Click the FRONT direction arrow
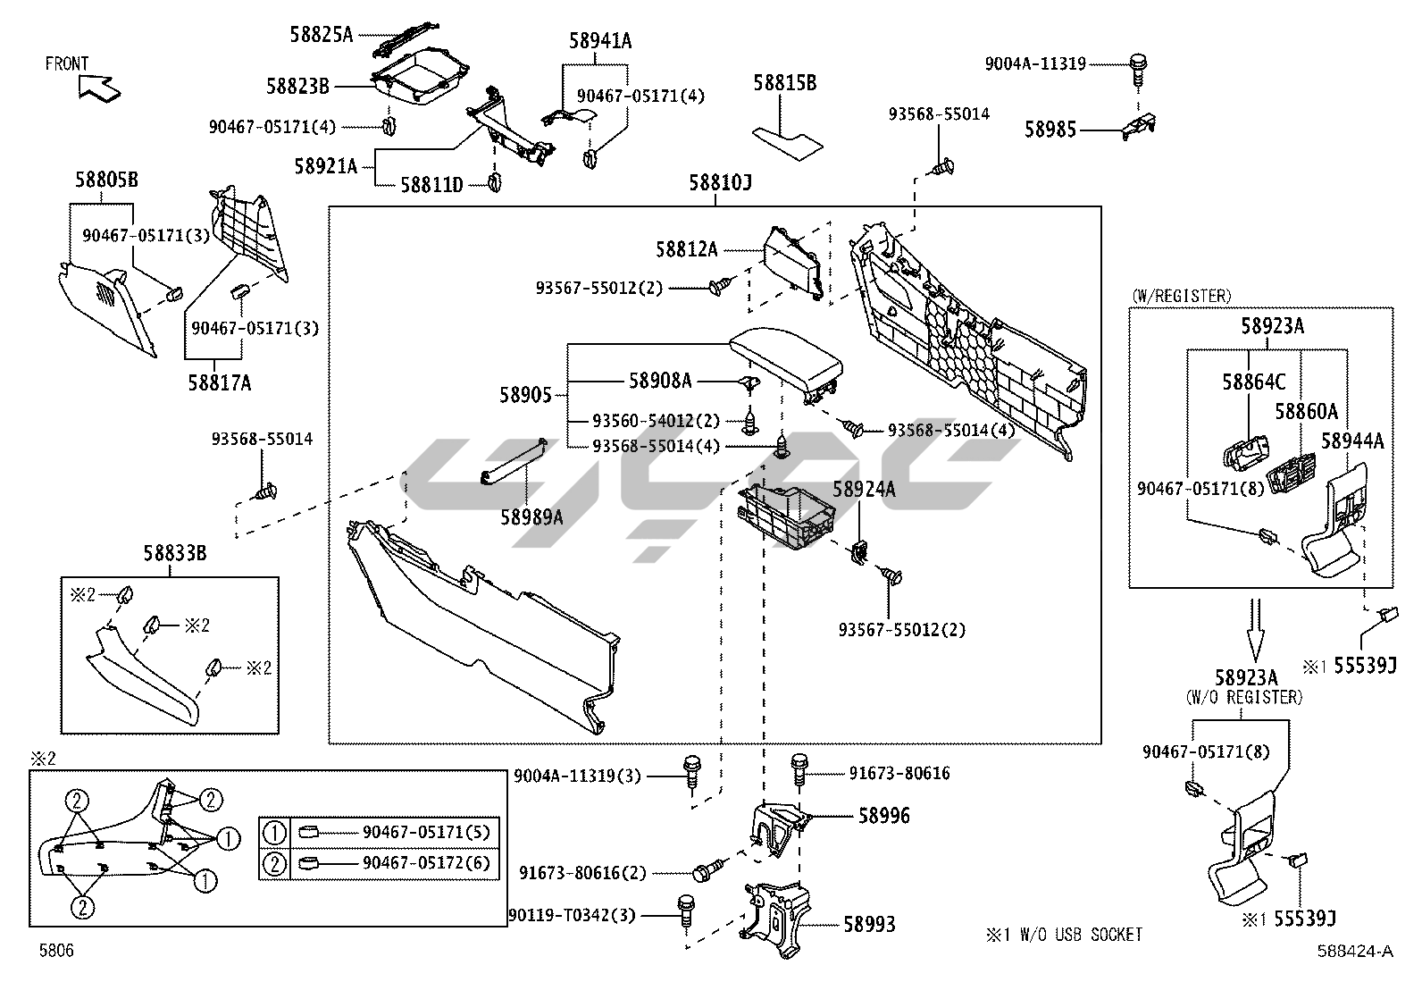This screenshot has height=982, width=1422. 99,88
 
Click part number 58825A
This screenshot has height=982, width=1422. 322,35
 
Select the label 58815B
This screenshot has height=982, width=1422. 784,83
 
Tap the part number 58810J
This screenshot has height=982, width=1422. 720,183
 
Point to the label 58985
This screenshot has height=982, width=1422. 1050,130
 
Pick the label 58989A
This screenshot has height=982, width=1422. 531,516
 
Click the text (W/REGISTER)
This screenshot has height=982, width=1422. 1181,296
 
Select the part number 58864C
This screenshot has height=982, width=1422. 1254,382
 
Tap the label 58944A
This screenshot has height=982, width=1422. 1352,441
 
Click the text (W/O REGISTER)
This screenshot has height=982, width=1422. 1243,697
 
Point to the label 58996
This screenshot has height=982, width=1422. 884,815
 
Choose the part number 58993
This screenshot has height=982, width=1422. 869,925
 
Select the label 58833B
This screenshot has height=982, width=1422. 175,554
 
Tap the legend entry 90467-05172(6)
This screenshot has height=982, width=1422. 427,863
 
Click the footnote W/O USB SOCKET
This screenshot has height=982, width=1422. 1063,935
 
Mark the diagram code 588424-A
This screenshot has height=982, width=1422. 1354,952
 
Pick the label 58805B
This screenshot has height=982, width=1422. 106,180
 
